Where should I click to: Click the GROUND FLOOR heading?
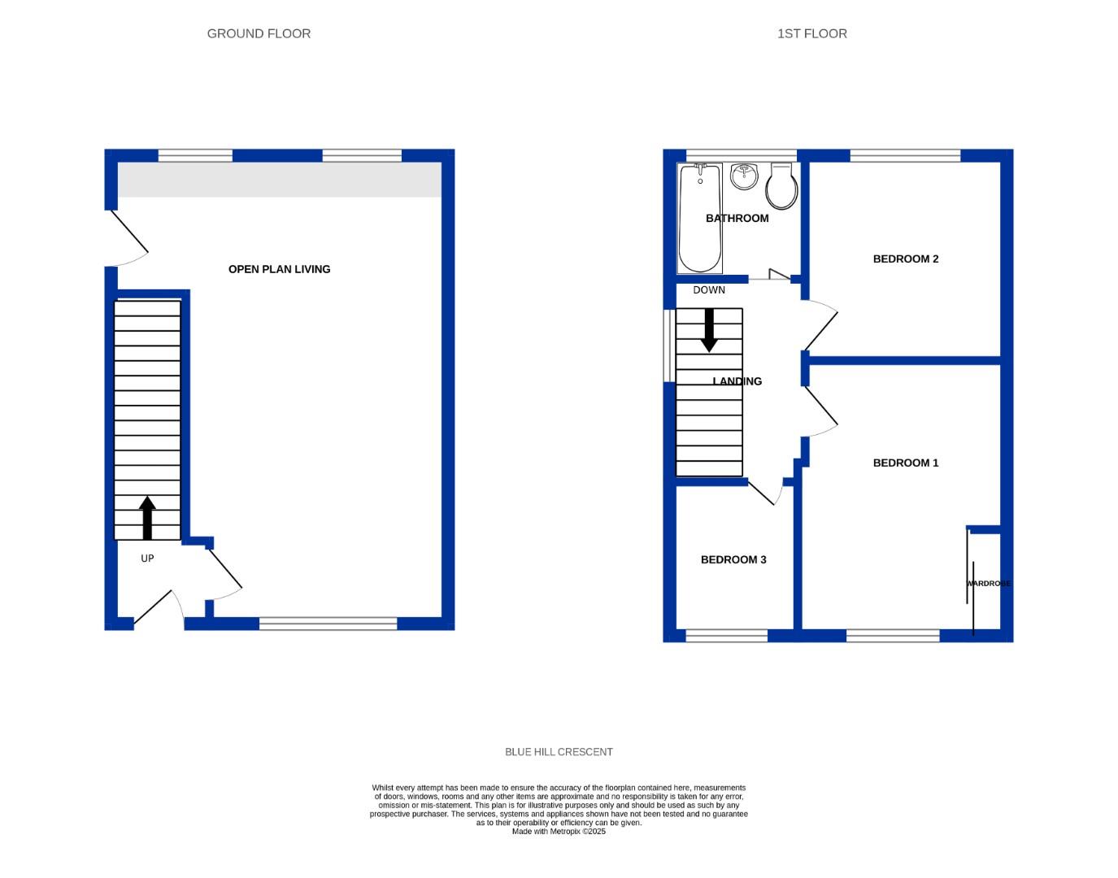[259, 33]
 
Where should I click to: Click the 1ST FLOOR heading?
[811, 33]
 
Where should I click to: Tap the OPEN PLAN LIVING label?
[279, 269]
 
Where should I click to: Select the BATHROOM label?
[737, 218]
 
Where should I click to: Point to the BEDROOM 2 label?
[905, 259]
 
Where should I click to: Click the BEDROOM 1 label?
[905, 463]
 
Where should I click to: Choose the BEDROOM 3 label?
[733, 559]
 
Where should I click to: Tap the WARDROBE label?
[989, 584]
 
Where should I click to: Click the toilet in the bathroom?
[781, 186]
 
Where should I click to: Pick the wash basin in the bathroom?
[744, 176]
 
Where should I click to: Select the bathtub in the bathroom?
[700, 218]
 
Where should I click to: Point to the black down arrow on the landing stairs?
[709, 330]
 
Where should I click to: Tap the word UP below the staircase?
[147, 559]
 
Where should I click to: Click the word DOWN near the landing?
[709, 290]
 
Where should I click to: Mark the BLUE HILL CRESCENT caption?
[559, 752]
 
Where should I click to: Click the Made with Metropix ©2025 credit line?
[559, 832]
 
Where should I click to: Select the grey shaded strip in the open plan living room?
[280, 180]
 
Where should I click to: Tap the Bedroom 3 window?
[726, 636]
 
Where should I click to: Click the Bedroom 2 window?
[905, 155]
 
